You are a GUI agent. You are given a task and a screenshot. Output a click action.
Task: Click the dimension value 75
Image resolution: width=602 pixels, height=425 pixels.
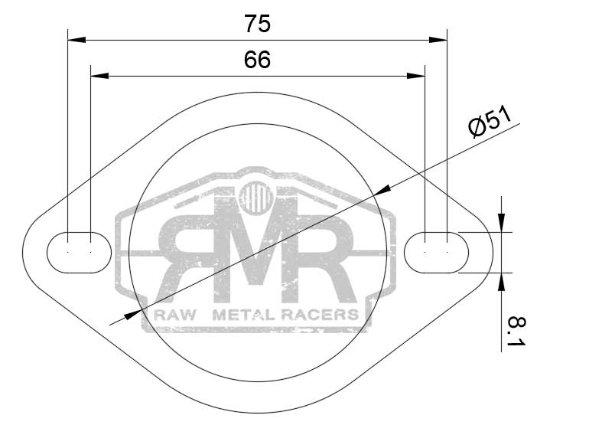(257, 24)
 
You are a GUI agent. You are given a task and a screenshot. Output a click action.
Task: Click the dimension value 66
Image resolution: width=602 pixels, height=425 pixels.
(257, 60)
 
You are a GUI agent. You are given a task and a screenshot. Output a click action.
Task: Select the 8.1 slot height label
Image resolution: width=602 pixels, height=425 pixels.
(516, 332)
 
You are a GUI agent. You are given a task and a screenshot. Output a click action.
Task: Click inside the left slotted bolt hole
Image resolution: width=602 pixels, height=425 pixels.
(79, 253)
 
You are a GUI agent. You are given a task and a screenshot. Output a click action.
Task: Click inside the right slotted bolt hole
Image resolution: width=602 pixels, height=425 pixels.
(436, 253)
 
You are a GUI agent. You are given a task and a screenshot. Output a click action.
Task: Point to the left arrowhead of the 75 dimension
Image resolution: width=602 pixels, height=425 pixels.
(76, 40)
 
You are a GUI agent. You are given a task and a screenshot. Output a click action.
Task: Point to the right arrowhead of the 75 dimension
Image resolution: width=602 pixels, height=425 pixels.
(438, 40)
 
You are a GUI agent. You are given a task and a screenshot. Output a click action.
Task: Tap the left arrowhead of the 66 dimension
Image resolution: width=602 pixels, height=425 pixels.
(99, 76)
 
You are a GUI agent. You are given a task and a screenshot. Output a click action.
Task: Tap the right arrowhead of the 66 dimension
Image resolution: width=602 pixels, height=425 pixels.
(416, 76)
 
